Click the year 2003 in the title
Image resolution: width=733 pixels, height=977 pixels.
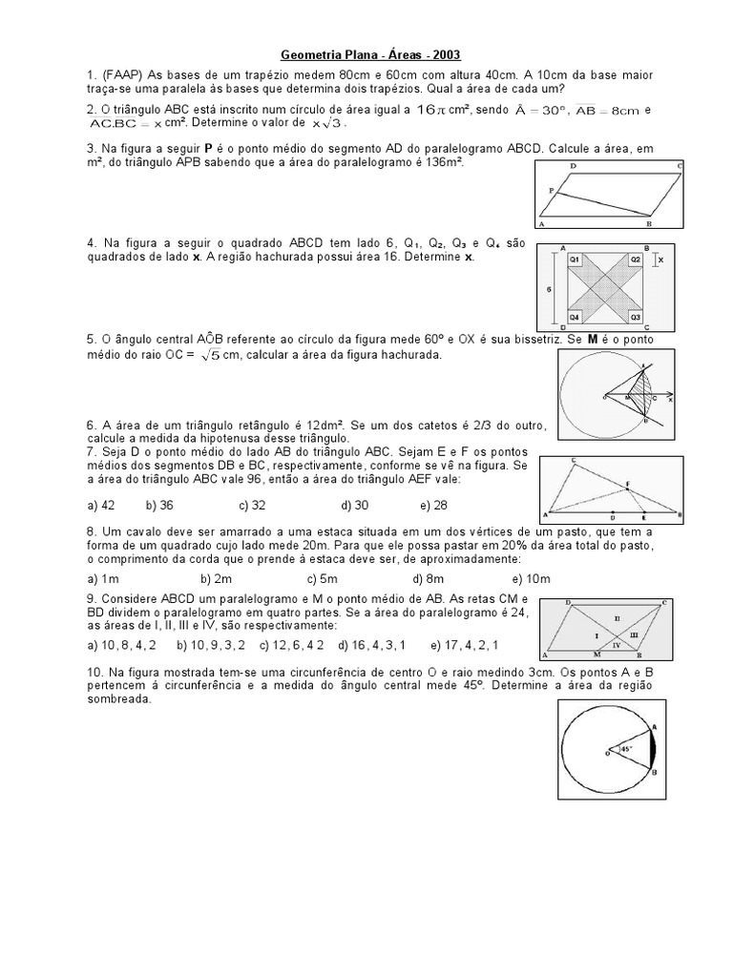pyautogui.click(x=444, y=55)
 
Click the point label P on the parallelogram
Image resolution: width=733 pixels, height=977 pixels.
pyautogui.click(x=551, y=191)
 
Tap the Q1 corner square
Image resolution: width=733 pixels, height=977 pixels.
pyautogui.click(x=575, y=260)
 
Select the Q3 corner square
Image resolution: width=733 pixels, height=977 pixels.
pyautogui.click(x=635, y=316)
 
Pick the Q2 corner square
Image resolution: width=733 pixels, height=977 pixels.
pyautogui.click(x=635, y=260)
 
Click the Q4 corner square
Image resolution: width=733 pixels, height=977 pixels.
pyautogui.click(x=575, y=316)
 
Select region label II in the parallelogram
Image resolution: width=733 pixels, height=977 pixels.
pyautogui.click(x=617, y=618)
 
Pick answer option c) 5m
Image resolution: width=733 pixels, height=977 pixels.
pyautogui.click(x=323, y=578)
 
